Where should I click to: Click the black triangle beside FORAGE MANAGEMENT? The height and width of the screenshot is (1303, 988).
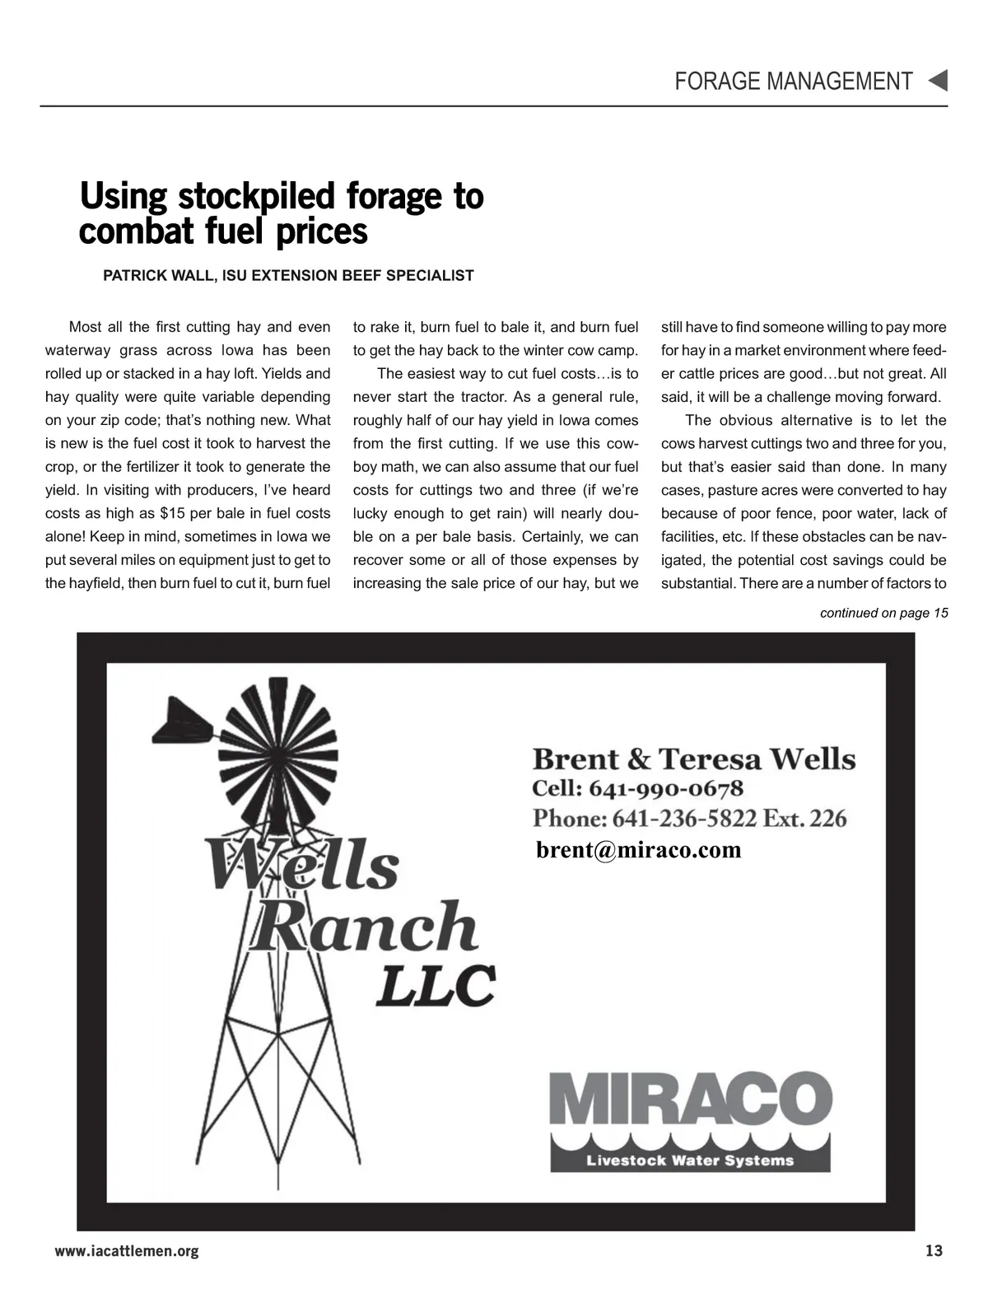938,81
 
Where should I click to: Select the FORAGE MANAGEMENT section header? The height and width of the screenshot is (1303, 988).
793,82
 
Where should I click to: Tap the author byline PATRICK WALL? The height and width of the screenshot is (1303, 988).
156,276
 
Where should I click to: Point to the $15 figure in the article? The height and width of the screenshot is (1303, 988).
170,513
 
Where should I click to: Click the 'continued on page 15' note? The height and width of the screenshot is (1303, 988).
883,613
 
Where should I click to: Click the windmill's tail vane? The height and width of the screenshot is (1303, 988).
183,721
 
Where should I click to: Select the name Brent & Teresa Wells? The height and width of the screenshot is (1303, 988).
693,759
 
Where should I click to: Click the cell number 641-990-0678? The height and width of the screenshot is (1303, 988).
666,789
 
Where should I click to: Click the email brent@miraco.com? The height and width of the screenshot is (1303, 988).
638,849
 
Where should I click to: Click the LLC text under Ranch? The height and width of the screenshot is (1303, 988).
436,985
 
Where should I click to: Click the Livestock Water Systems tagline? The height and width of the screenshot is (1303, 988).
689,1161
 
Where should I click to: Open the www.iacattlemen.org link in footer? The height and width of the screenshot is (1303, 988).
127,1251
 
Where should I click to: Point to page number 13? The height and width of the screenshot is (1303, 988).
934,1251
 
